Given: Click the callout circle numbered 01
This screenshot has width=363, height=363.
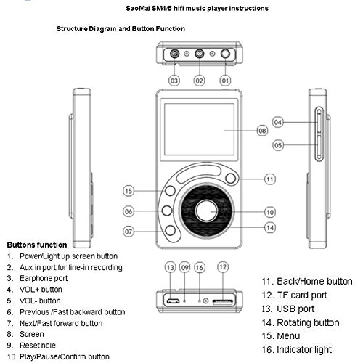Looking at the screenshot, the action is [225, 81].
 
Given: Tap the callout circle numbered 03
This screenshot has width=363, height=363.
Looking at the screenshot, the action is [174, 81].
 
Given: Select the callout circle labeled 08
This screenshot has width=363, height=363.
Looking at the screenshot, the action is [262, 131].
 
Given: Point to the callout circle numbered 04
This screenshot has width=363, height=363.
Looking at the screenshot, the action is [278, 122].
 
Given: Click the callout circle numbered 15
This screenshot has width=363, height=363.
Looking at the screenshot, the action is [129, 191].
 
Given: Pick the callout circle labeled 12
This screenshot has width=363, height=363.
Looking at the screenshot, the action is [223, 267].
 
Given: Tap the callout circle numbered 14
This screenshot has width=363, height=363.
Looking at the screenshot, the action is [270, 228].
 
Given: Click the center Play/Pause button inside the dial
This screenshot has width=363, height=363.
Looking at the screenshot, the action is [206, 211].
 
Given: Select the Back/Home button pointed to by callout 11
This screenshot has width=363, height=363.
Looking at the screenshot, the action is [230, 179].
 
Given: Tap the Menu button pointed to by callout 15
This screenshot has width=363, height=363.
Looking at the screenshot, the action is [170, 191].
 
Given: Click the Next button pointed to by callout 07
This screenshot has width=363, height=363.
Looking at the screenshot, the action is [170, 230].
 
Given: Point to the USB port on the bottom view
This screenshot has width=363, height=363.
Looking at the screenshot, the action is [173, 301].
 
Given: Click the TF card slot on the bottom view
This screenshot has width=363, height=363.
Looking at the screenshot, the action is [223, 301].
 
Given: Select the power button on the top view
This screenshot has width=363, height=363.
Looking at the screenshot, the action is [225, 54].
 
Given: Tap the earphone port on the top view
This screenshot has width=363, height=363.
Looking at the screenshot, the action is [174, 54].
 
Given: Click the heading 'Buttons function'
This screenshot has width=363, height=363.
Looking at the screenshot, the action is [37, 245].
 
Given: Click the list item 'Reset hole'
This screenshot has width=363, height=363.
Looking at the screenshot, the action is [38, 346].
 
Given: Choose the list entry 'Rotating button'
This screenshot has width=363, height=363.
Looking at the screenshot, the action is [308, 322].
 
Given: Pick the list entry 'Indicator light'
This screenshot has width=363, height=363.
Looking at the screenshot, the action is [304, 350].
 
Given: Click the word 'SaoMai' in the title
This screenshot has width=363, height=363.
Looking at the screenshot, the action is [138, 9].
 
